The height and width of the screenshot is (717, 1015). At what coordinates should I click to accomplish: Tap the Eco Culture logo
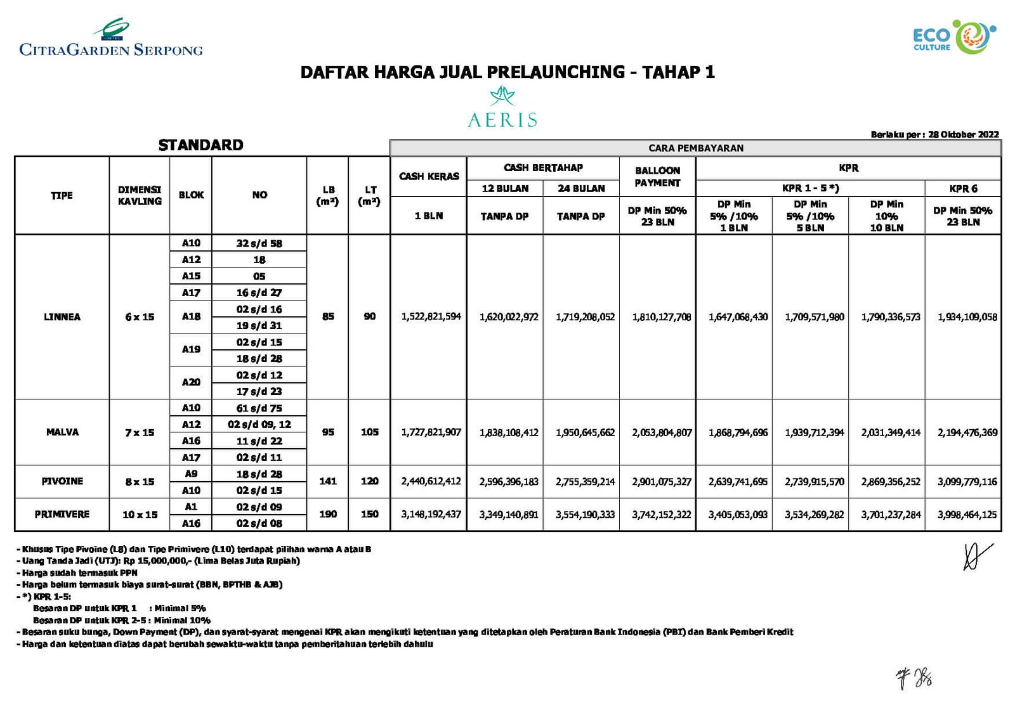[954, 38]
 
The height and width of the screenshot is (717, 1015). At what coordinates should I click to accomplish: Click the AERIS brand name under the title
[502, 119]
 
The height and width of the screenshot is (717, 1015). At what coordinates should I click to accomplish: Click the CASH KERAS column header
[429, 176]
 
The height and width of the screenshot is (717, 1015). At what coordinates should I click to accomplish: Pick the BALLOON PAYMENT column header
[657, 176]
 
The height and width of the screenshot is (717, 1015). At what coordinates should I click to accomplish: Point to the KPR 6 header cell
[963, 188]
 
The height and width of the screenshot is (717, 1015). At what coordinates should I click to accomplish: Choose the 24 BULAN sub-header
[581, 188]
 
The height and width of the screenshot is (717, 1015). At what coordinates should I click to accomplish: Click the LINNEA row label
[62, 317]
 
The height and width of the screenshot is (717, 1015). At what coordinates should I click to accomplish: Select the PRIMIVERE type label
[62, 514]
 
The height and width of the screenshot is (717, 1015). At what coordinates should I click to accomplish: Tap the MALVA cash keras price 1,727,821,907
[431, 432]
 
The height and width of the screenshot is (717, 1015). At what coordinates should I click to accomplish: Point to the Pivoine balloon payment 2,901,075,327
[662, 482]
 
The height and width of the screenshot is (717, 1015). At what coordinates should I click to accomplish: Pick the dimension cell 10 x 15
[140, 515]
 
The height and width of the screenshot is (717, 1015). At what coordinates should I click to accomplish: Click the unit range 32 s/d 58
[259, 243]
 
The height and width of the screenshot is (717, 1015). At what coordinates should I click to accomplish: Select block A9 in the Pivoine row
[191, 474]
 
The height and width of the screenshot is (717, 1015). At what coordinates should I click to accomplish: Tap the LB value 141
[328, 481]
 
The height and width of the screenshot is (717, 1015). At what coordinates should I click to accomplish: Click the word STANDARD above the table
[200, 145]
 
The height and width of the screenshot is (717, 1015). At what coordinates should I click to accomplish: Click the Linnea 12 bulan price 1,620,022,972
[509, 317]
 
